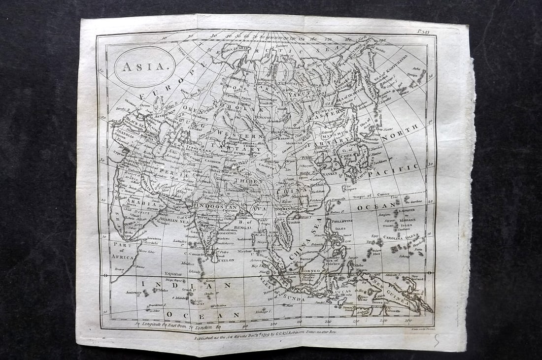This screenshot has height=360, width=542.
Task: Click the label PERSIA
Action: pyautogui.click(x=174, y=174)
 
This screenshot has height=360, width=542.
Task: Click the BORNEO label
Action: pyautogui.click(x=311, y=270)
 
